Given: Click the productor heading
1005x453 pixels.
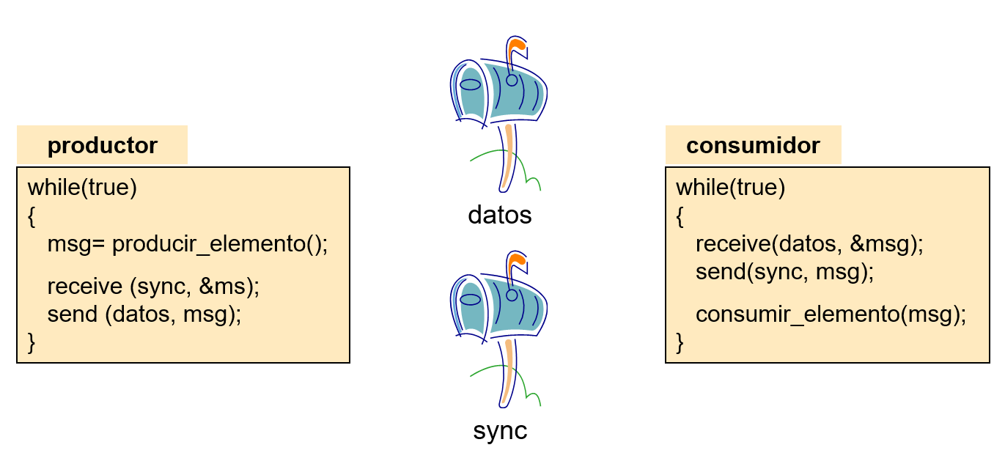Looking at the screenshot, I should pos(102,145).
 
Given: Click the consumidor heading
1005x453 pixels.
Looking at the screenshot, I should pos(753,145).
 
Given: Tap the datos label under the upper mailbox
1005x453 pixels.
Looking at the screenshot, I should pos(499,215).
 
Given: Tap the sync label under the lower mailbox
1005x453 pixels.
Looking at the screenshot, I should pos(500,430).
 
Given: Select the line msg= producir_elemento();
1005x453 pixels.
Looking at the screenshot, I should pos(187,244).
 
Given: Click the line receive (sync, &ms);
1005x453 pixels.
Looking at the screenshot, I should pos(153,286).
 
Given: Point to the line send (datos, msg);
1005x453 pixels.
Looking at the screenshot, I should pos(144,314).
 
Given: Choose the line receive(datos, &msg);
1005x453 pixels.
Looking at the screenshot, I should pos(809,244).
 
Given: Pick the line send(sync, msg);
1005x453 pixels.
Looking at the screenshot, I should pos(784,272).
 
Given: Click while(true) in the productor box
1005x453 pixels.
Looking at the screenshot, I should pos(82,188).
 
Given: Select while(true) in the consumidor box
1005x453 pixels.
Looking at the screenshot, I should pos(730,188).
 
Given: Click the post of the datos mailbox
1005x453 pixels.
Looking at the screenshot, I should pos(507,158).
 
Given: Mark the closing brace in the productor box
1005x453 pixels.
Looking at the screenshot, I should pos(32,342).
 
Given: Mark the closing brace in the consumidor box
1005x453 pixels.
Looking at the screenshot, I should pos(680,342).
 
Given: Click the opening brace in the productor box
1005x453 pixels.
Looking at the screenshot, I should pos(32,216).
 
